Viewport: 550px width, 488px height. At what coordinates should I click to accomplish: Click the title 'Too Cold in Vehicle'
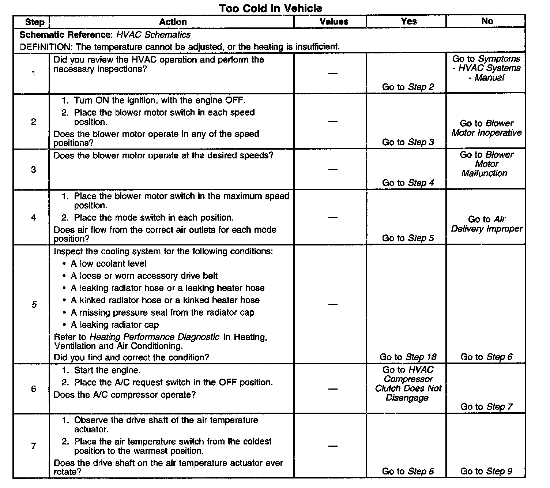[x=271, y=8]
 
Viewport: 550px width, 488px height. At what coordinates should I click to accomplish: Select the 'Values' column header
[x=334, y=22]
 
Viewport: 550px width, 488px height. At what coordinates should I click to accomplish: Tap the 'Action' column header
[x=173, y=22]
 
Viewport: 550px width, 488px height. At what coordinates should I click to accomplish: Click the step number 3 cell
[x=34, y=169]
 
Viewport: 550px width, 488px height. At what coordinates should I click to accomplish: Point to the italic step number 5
[x=34, y=304]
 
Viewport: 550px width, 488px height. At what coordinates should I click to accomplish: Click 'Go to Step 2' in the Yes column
[x=408, y=87]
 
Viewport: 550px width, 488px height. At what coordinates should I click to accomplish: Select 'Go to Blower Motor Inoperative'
[x=486, y=128]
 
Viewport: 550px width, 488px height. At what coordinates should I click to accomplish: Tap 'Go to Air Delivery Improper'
[x=486, y=224]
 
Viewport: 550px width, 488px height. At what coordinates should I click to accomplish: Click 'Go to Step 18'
[x=408, y=357]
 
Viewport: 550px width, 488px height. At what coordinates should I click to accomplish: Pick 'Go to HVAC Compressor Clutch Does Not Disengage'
[x=408, y=384]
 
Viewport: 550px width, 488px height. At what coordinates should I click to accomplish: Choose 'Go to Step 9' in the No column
[x=486, y=471]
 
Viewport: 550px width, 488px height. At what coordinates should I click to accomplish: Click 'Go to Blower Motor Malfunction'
[x=486, y=164]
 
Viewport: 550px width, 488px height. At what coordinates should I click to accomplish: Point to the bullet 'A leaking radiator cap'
[x=114, y=325]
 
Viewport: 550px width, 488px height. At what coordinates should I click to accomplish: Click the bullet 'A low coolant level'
[x=108, y=264]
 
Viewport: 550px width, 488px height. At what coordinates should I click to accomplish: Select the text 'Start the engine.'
[x=107, y=370]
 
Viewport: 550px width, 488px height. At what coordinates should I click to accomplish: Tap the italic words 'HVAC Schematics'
[x=153, y=35]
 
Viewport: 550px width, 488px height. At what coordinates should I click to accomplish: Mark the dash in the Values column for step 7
[x=333, y=446]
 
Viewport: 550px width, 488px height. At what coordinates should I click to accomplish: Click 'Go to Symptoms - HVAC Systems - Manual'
[x=486, y=68]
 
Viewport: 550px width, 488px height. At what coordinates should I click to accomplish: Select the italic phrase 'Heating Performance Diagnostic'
[x=154, y=337]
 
